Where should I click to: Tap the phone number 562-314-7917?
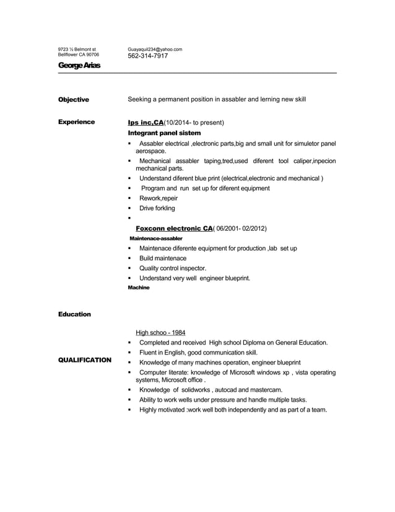pyautogui.click(x=147, y=56)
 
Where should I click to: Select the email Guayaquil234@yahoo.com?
pyautogui.click(x=155, y=49)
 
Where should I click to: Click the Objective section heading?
pyautogui.click(x=74, y=99)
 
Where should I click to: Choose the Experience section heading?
pyautogui.click(x=76, y=122)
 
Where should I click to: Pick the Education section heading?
pyautogui.click(x=74, y=314)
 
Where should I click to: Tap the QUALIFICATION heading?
pyautogui.click(x=84, y=360)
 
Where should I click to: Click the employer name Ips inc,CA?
pyautogui.click(x=145, y=122)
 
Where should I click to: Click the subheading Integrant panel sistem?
pyautogui.click(x=164, y=133)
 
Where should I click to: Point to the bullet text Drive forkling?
pyautogui.click(x=157, y=208)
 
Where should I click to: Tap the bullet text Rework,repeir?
pyautogui.click(x=158, y=198)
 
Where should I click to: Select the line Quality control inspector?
pyautogui.click(x=173, y=268)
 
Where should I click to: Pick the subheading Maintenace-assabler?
pyautogui.click(x=155, y=238)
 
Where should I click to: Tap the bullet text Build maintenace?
pyautogui.click(x=163, y=258)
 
